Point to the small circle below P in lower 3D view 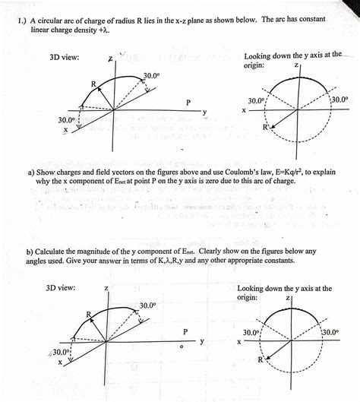pyautogui.click(x=182, y=348)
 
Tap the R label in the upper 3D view pyautogui.click(x=93, y=84)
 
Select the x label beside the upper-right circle pyautogui.click(x=245, y=111)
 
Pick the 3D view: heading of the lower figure pyautogui.click(x=61, y=289)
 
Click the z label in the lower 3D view pyautogui.click(x=106, y=289)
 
